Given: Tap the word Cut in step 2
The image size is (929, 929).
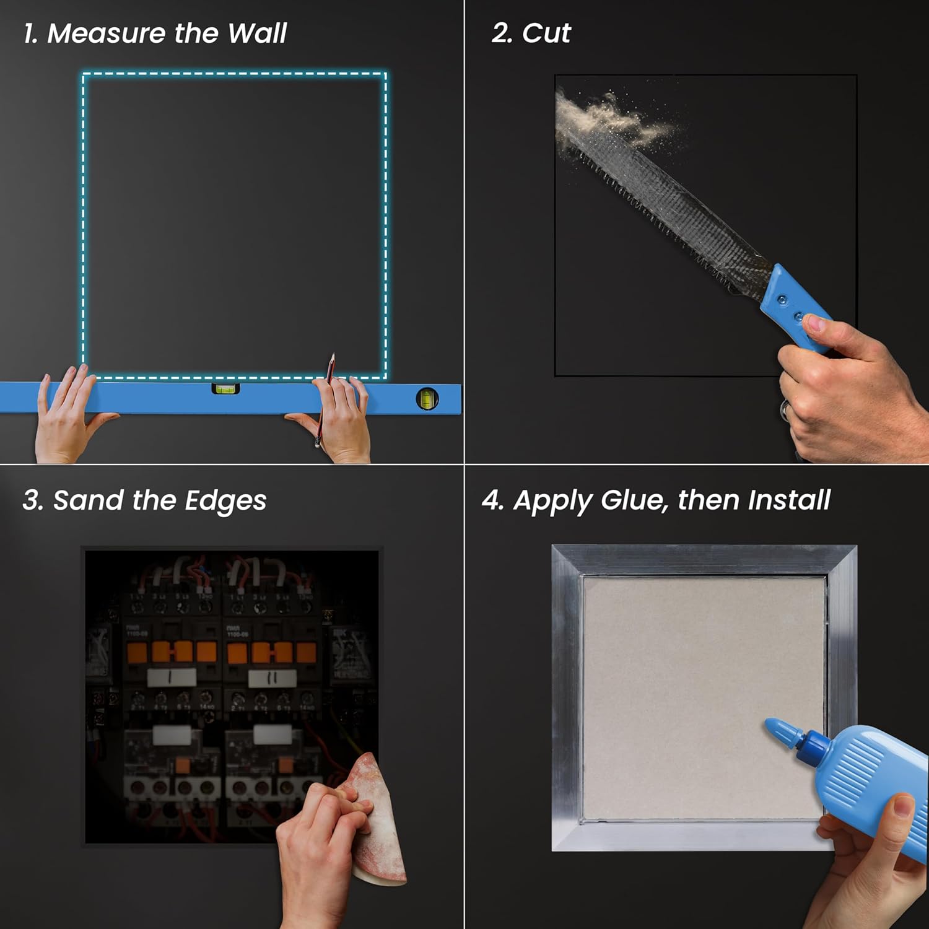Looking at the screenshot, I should (x=546, y=33).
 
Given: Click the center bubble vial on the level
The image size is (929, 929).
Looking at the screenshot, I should (x=225, y=389).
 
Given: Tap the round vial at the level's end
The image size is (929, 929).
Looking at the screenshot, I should (x=427, y=399).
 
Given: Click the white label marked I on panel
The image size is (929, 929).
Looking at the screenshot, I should (x=171, y=677).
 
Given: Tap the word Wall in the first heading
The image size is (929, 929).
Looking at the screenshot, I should (x=257, y=33).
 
